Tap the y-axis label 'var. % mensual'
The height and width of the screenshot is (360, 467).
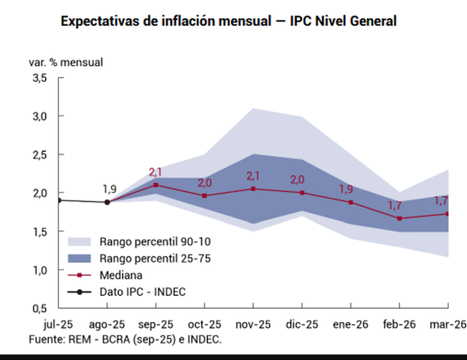(x=66, y=62)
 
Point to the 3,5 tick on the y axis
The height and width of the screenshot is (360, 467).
(x=39, y=78)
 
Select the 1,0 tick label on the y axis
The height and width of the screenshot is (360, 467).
(x=39, y=270)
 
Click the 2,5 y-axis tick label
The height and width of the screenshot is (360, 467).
(x=39, y=155)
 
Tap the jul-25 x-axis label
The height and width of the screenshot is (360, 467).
(x=59, y=325)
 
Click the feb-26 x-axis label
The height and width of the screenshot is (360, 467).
(x=400, y=325)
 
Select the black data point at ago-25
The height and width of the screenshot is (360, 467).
(x=107, y=202)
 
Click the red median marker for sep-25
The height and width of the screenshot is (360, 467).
(x=156, y=185)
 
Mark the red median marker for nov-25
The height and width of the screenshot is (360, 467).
(x=254, y=188)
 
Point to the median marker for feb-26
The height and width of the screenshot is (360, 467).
(x=400, y=218)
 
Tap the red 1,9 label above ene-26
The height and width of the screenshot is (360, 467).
(x=346, y=188)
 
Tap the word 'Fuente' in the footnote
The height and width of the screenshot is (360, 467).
(x=44, y=339)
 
